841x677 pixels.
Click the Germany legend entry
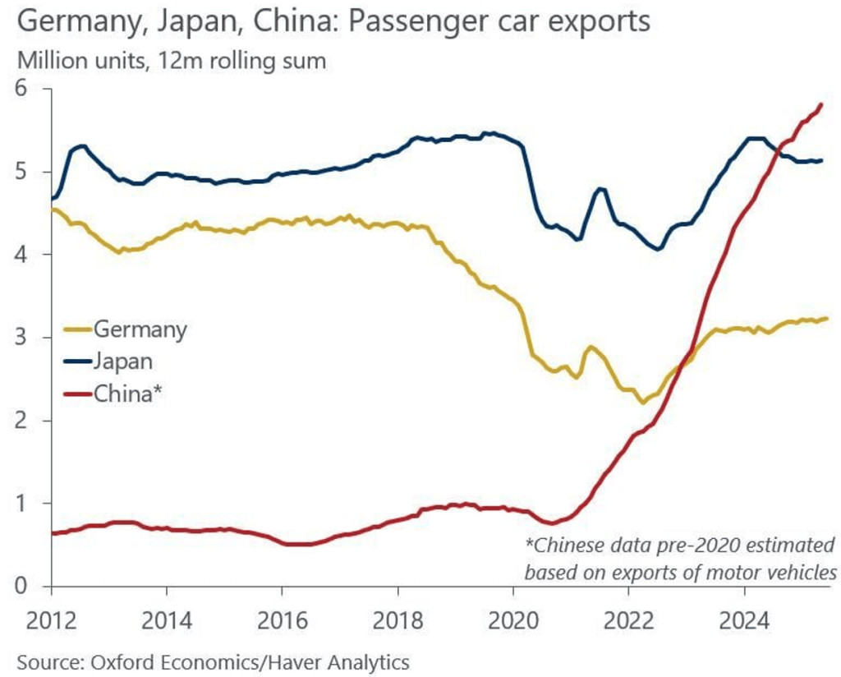[140, 329]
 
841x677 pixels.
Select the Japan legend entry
[123, 362]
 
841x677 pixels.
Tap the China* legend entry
[128, 394]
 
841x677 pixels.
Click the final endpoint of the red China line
[821, 104]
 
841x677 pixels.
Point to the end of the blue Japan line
[821, 160]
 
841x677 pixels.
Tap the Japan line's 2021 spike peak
[601, 189]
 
